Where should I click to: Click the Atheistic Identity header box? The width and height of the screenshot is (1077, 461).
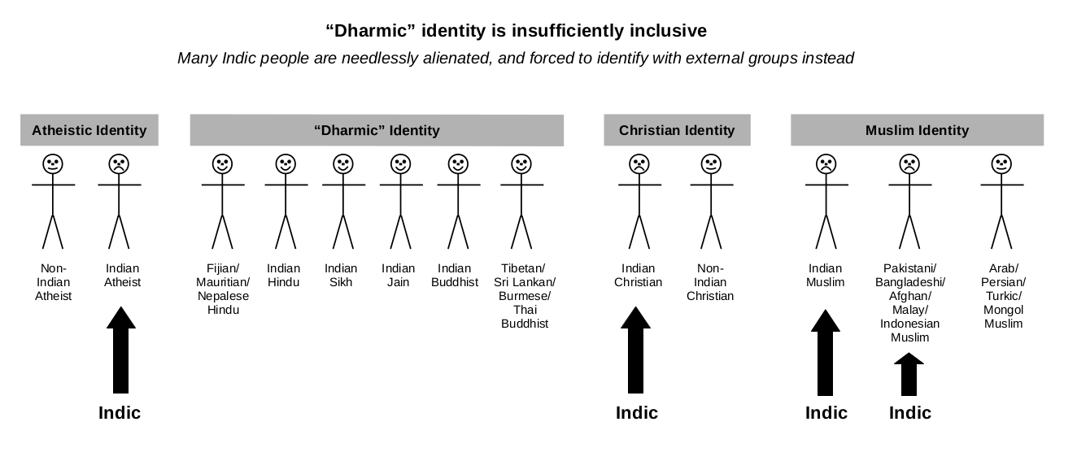pyautogui.click(x=89, y=130)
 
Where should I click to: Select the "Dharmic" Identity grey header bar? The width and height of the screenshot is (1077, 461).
pyautogui.click(x=377, y=130)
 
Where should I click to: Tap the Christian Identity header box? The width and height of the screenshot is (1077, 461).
pyautogui.click(x=677, y=130)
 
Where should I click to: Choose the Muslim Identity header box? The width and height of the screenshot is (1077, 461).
pyautogui.click(x=917, y=130)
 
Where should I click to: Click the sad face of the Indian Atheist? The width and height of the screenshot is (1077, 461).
pyautogui.click(x=120, y=163)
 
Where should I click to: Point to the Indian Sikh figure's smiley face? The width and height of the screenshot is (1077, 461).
pyautogui.click(x=342, y=163)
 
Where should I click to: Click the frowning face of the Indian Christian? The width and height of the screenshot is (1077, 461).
pyautogui.click(x=639, y=163)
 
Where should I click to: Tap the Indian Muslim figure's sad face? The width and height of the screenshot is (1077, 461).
pyautogui.click(x=826, y=163)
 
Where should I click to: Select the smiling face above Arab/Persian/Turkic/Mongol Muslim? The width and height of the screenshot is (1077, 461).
pyautogui.click(x=1001, y=163)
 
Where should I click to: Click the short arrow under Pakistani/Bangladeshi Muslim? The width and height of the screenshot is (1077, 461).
pyautogui.click(x=909, y=375)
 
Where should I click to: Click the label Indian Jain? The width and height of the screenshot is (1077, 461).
pyautogui.click(x=398, y=275)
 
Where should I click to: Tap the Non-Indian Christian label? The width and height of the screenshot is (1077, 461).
pyautogui.click(x=710, y=282)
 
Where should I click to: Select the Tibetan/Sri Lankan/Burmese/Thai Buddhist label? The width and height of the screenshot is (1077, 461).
pyautogui.click(x=525, y=296)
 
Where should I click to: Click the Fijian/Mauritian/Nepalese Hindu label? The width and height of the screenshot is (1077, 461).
pyautogui.click(x=224, y=289)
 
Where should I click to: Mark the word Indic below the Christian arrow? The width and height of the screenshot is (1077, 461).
pyautogui.click(x=637, y=413)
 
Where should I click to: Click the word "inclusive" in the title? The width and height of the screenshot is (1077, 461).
pyautogui.click(x=668, y=31)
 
